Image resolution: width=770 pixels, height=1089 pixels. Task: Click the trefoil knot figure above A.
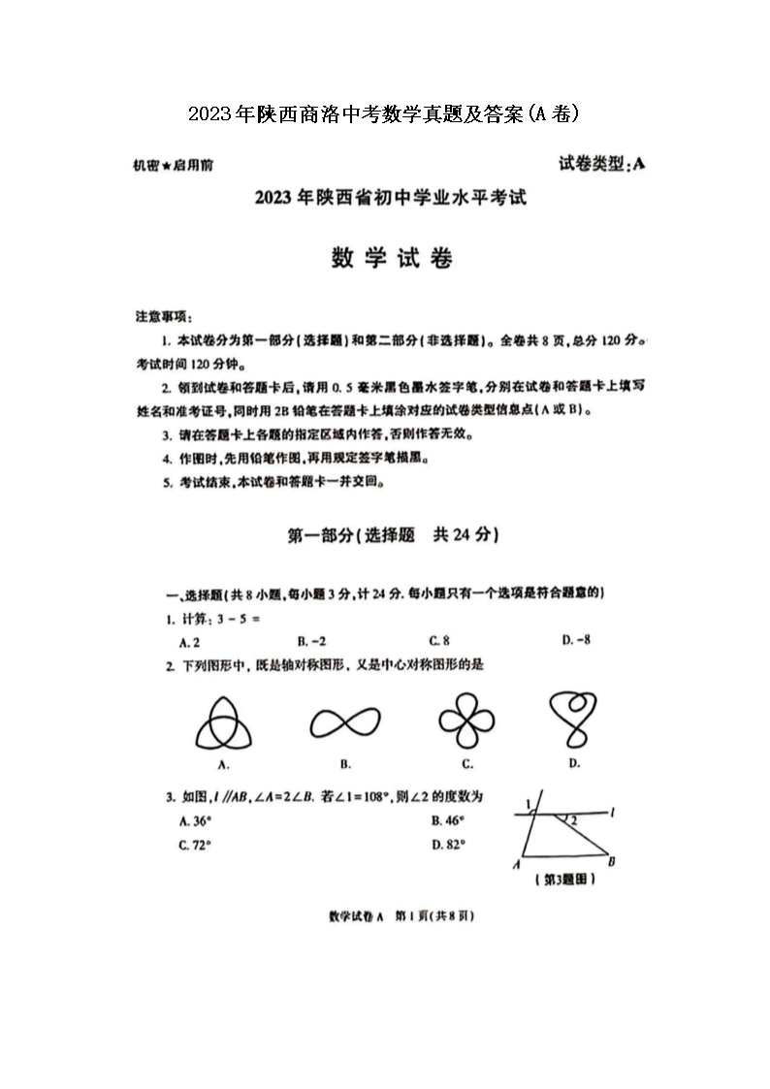coord(224,722)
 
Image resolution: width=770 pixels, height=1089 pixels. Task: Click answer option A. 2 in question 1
coord(189,641)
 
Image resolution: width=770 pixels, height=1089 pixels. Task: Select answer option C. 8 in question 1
coord(439,641)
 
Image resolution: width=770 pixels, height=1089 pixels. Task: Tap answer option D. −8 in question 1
coord(576,640)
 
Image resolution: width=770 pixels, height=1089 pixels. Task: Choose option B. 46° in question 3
coord(449,820)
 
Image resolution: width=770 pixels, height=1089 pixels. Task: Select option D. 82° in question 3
coord(449,845)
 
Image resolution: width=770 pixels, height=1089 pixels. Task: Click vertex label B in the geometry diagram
coord(611,861)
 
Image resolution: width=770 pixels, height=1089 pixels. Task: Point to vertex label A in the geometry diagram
coord(517,863)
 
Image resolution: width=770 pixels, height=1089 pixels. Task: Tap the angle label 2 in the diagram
coord(574,820)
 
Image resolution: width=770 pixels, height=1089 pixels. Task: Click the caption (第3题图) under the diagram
coord(564,880)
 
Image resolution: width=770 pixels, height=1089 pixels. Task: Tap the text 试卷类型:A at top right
coord(601,164)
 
